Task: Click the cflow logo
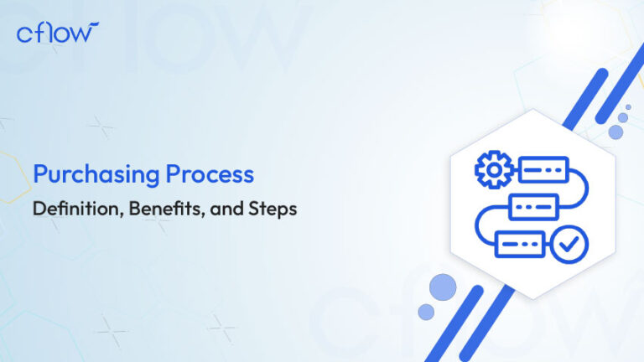(57, 33)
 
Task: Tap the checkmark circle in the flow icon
(573, 244)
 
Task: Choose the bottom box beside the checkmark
(520, 244)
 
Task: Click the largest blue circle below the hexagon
(442, 287)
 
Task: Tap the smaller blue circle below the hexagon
(426, 312)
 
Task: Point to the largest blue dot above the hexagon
(616, 132)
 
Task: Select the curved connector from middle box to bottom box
(481, 225)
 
